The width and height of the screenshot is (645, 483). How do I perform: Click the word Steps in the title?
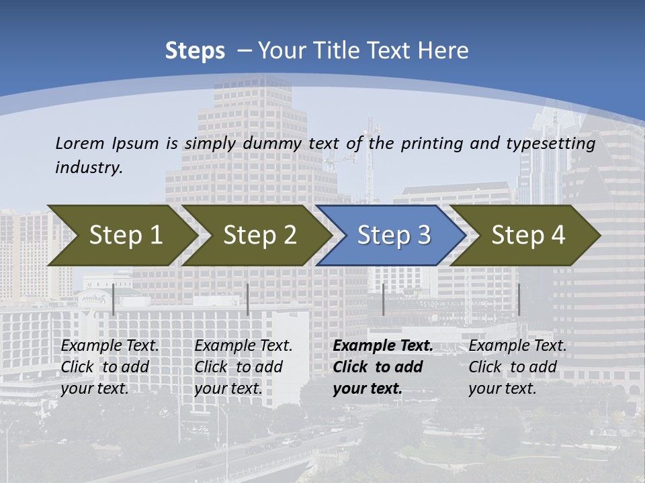[x=195, y=51]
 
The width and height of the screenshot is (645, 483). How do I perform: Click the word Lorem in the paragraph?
[x=80, y=143]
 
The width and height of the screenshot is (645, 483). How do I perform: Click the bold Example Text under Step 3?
[x=383, y=346]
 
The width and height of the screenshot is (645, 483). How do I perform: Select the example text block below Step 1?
[x=110, y=367]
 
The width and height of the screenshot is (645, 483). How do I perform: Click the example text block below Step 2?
[x=243, y=367]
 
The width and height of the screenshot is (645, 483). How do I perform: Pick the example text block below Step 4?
[x=517, y=367]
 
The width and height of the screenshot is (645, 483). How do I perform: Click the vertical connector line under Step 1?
[x=113, y=299]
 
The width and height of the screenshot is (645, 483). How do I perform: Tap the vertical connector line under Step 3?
[x=383, y=299]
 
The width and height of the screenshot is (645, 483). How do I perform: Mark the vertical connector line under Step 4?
[x=519, y=299]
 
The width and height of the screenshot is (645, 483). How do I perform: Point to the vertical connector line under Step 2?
[x=248, y=299]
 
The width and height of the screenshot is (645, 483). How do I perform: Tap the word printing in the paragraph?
[x=428, y=143]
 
